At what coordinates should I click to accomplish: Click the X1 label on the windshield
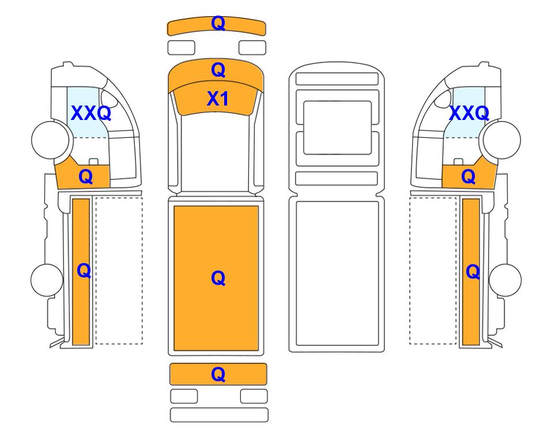pyautogui.click(x=217, y=99)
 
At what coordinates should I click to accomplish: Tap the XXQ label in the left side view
pyautogui.click(x=91, y=114)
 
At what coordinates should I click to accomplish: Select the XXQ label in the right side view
pyautogui.click(x=469, y=114)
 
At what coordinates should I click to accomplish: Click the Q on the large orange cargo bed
pyautogui.click(x=218, y=278)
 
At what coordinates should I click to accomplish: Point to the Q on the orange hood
pyautogui.click(x=218, y=70)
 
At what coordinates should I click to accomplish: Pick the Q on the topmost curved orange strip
pyautogui.click(x=218, y=23)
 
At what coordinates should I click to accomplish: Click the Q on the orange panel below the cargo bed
pyautogui.click(x=218, y=374)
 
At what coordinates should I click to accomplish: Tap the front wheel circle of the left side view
pyautogui.click(x=50, y=140)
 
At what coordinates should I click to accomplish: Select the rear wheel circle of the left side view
pyautogui.click(x=47, y=280)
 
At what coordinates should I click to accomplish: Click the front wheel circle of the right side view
pyautogui.click(x=502, y=140)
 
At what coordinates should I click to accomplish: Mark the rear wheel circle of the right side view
pyautogui.click(x=505, y=280)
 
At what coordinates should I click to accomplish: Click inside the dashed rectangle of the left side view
pyautogui.click(x=119, y=271)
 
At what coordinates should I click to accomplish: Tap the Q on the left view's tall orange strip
pyautogui.click(x=84, y=271)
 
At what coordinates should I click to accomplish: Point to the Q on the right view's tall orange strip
pyautogui.click(x=473, y=272)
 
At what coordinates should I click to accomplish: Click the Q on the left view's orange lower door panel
pyautogui.click(x=86, y=177)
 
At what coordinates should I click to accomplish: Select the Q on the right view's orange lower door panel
pyautogui.click(x=469, y=177)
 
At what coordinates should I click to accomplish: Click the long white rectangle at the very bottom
pyautogui.click(x=219, y=415)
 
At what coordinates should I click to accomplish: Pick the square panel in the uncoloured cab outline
pyautogui.click(x=337, y=128)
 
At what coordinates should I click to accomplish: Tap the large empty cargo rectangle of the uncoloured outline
pyautogui.click(x=337, y=273)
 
